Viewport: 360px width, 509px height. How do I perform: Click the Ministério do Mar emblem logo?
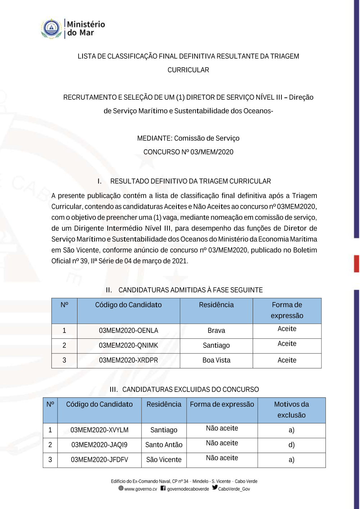coord(51,28)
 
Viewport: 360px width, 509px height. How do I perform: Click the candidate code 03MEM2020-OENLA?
coord(129,330)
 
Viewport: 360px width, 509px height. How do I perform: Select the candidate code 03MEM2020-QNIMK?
coord(129,345)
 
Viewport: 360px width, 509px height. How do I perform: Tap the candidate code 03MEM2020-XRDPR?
coord(129,360)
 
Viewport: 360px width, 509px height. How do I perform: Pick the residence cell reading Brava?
coord(216,330)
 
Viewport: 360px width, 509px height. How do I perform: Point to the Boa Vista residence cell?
coord(216,360)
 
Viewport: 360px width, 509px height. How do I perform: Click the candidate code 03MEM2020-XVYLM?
coord(99,430)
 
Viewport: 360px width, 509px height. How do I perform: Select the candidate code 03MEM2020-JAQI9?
coord(99,445)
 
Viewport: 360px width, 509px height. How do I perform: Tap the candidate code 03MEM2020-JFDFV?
coord(99,460)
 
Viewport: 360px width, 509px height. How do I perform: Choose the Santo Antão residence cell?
coord(164,445)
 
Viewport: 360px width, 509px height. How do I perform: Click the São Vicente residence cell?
coord(164,460)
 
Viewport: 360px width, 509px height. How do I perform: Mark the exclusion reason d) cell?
coord(292,445)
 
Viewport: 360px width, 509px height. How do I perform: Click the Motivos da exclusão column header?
coord(292,410)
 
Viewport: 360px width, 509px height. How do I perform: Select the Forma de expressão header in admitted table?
coord(287,310)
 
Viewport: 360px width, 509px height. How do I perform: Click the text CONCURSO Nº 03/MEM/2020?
coord(188,152)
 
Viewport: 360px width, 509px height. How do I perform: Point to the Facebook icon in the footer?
coord(163,488)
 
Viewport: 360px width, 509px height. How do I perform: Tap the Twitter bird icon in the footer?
coord(215,487)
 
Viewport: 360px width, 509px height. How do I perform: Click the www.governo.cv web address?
coord(141,489)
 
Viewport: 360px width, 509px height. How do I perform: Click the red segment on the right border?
coord(356,263)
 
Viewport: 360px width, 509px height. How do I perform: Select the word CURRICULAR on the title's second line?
coord(188,70)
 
